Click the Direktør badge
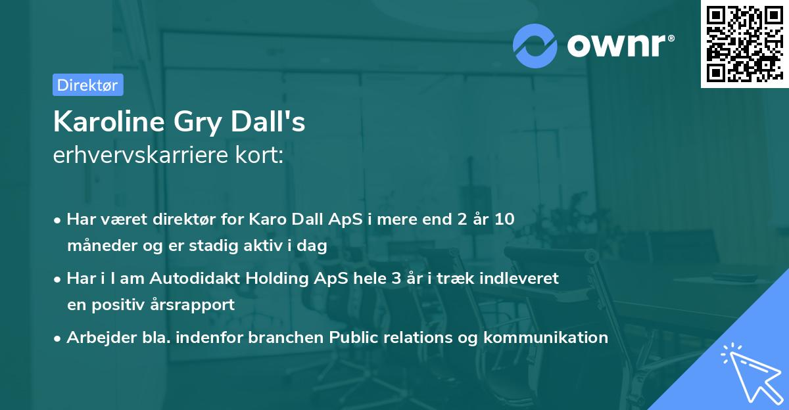pos(87,85)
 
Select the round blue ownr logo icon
pos(535,45)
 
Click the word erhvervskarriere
pos(137,156)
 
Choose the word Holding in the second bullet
pos(273,278)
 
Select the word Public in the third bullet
pos(354,338)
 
